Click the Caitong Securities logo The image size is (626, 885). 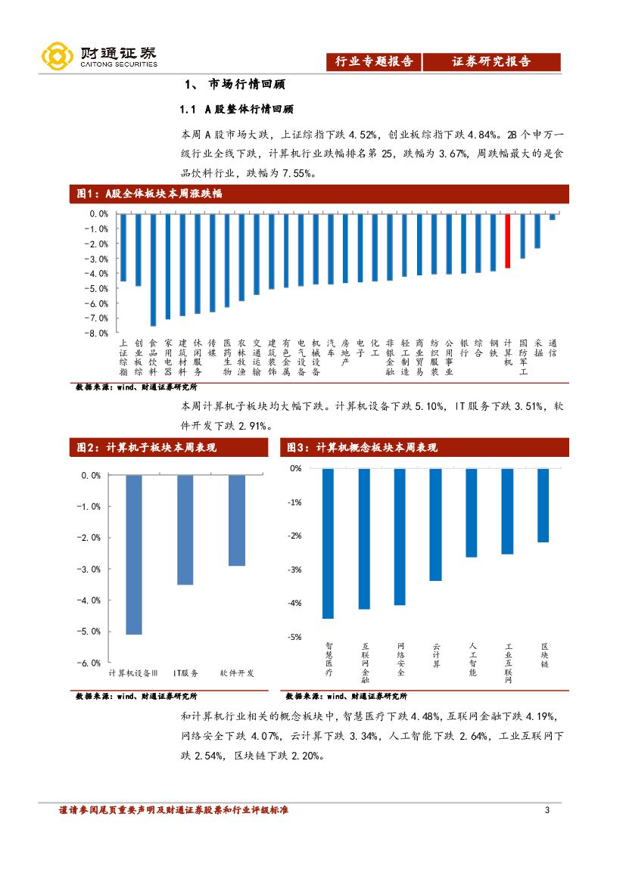(99, 56)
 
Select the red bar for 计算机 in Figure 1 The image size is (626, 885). (507, 241)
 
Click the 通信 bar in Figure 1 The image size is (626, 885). (552, 217)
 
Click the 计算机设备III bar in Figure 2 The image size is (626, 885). (134, 554)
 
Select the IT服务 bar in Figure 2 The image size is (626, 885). (185, 529)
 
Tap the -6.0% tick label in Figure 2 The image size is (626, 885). (91, 663)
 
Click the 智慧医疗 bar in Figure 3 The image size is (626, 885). (328, 543)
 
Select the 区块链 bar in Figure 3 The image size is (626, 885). (543, 505)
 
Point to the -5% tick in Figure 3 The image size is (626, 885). (295, 637)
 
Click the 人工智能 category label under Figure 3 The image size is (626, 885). (472, 659)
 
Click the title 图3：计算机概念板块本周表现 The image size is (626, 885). (362, 448)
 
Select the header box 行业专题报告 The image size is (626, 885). (374, 62)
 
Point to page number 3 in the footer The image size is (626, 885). (547, 811)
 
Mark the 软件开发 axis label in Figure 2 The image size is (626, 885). (237, 672)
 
